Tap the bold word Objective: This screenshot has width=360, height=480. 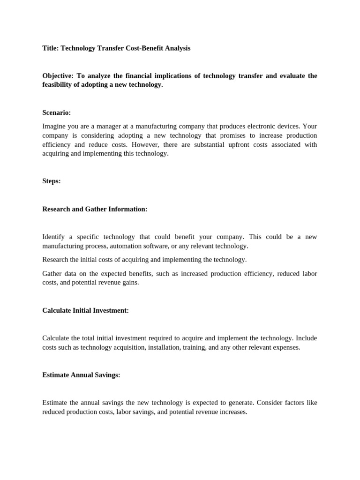[58, 76]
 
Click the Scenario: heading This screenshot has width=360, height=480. [56, 112]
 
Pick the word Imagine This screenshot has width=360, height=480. [54, 126]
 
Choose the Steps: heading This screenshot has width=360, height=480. [52, 181]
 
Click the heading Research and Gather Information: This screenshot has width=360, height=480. [95, 209]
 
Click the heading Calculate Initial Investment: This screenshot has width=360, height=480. [85, 310]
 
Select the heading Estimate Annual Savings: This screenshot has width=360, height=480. [81, 375]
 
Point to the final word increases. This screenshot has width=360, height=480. [233, 412]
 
